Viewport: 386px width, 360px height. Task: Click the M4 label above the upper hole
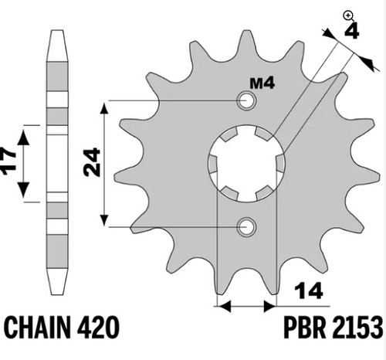[262, 83]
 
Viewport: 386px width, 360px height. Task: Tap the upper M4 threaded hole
[247, 100]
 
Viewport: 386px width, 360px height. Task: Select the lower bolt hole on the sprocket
[246, 227]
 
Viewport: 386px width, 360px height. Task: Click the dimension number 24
[92, 162]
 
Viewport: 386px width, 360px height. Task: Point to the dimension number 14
[309, 291]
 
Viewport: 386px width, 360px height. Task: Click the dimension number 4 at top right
[351, 31]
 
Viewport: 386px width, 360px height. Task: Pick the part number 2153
[357, 328]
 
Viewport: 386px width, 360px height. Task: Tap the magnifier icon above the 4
[349, 16]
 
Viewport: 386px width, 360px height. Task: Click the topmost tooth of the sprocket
[246, 44]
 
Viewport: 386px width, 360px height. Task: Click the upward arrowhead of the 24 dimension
[103, 108]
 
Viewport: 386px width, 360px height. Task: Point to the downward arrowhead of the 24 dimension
[103, 220]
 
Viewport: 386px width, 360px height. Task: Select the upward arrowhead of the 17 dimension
[24, 137]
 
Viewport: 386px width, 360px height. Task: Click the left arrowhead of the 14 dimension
[224, 306]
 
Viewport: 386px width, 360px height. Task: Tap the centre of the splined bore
[246, 163]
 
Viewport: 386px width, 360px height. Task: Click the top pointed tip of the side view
[57, 32]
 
